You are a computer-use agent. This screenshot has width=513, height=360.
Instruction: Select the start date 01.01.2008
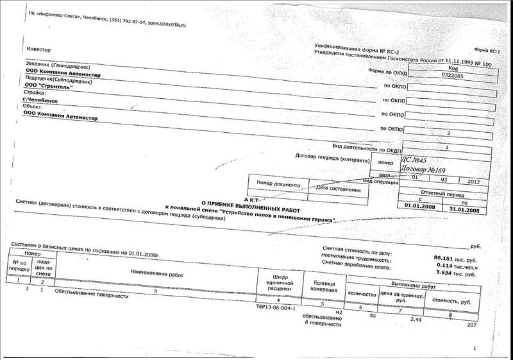tap(419, 209)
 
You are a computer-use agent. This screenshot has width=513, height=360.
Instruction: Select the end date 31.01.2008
tap(464, 209)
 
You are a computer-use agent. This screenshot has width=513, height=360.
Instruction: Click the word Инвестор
tap(36, 49)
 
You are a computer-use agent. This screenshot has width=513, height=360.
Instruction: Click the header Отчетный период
tap(441, 193)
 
